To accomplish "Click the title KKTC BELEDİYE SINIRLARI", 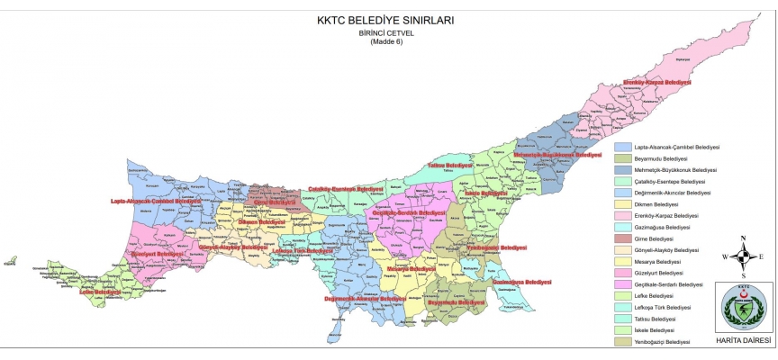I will coord(386,19).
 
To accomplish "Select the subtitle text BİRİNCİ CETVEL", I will coord(386,32).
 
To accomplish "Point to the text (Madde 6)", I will coord(386,42).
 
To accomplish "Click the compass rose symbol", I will coord(743,256).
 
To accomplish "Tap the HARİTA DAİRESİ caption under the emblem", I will coord(743,341).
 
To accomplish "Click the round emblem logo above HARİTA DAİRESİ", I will coord(744,307).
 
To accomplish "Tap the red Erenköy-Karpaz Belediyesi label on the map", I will coord(656,82).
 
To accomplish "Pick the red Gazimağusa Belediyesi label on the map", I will coord(522,283).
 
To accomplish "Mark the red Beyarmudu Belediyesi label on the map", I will coord(451,303).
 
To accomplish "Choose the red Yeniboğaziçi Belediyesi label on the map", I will coord(496,247).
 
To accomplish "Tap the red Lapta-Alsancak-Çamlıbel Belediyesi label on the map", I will coord(153,201).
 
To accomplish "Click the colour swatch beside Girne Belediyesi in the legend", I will coord(622,238).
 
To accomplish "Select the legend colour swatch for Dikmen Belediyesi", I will coord(622,204).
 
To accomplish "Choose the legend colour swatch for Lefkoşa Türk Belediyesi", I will coord(622,308).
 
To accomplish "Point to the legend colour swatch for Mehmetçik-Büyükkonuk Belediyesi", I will coord(622,169).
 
